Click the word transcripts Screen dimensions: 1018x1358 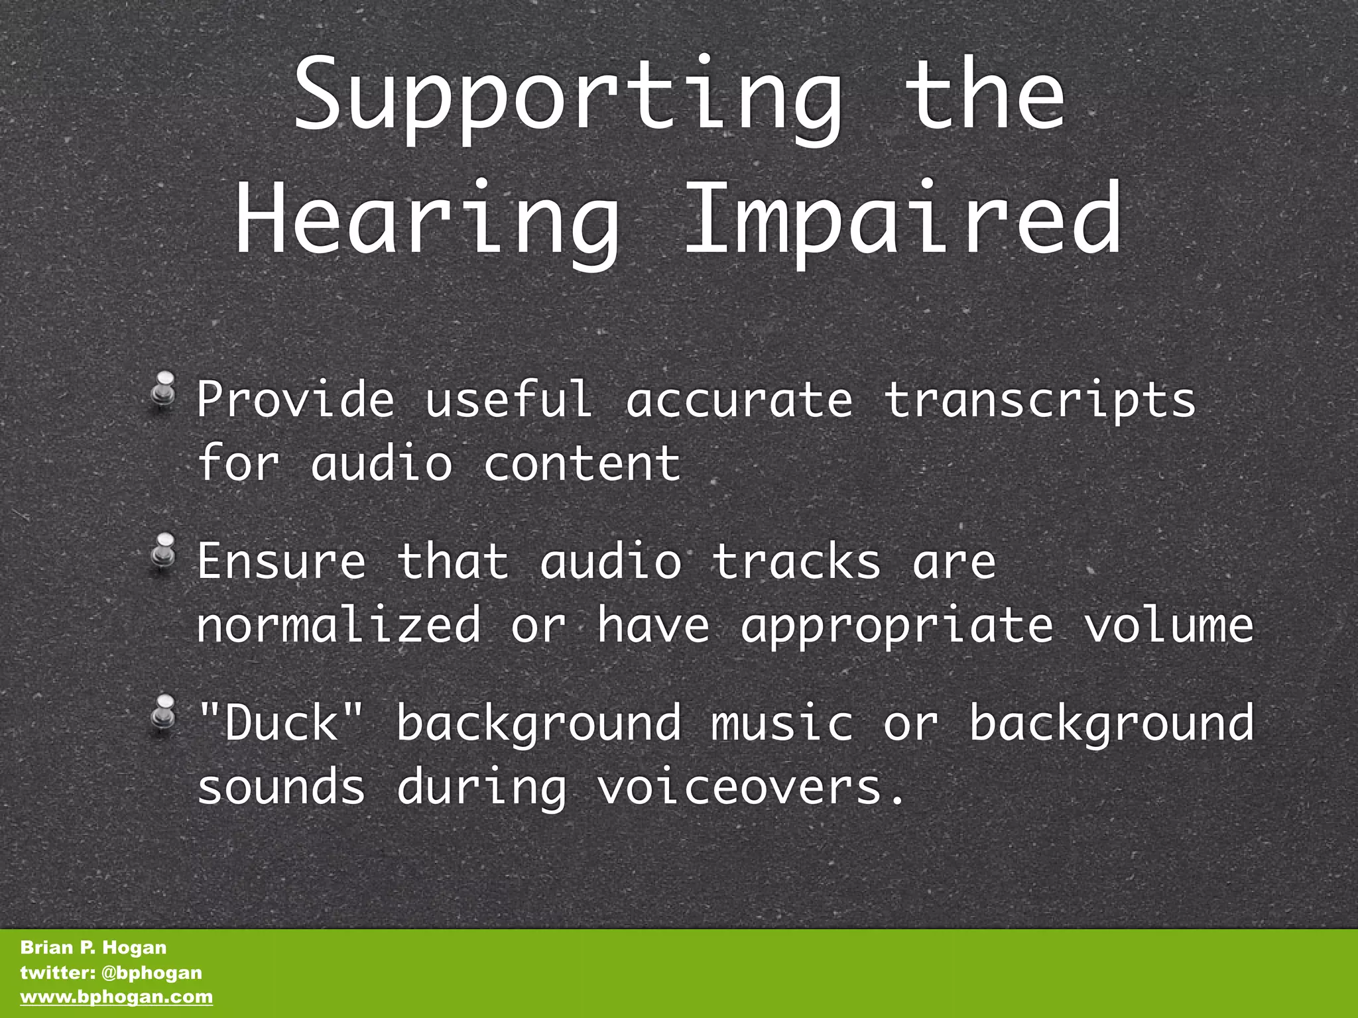pos(1040,401)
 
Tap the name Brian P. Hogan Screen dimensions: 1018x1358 pos(93,948)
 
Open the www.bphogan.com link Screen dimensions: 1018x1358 pos(117,997)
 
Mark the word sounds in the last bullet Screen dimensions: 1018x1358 pos(282,787)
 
